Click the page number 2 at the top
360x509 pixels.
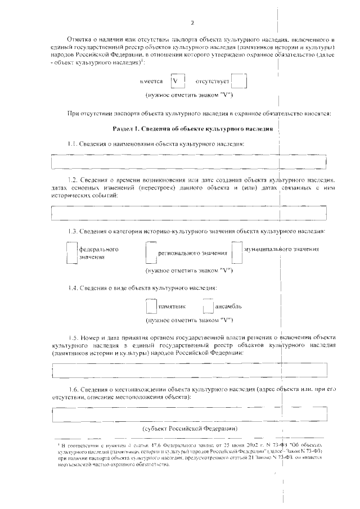pos(192,23)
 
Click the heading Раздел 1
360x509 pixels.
pos(193,129)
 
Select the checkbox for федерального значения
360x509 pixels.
pos(71,253)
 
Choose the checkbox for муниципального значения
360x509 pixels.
pos(236,253)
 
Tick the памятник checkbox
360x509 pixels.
pos(151,307)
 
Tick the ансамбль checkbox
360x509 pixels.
pos(209,307)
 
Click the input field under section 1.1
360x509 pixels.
pos(189,162)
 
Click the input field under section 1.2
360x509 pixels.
pos(189,213)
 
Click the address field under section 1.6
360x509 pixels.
pos(189,415)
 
